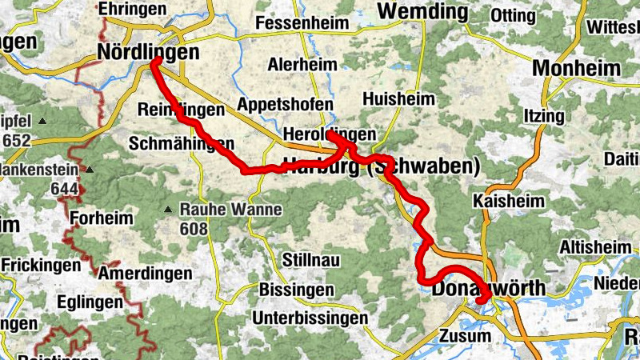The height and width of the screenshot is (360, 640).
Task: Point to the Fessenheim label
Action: [303, 23]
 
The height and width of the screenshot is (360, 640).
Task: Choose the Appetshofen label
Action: [286, 104]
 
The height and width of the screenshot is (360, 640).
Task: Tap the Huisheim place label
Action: [398, 99]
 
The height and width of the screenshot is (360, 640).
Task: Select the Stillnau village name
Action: [313, 260]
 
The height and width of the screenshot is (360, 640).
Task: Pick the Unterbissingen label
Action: [310, 318]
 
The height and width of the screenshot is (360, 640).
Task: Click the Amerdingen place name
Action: [145, 273]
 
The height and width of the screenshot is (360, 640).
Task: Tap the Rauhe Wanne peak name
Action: [231, 210]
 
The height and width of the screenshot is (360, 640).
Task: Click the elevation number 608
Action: [194, 230]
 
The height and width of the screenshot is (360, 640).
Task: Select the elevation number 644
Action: [63, 190]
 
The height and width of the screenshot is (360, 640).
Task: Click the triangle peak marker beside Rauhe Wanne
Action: [168, 210]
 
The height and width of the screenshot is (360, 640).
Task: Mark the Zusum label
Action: [465, 336]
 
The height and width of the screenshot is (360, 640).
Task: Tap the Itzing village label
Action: [543, 116]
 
